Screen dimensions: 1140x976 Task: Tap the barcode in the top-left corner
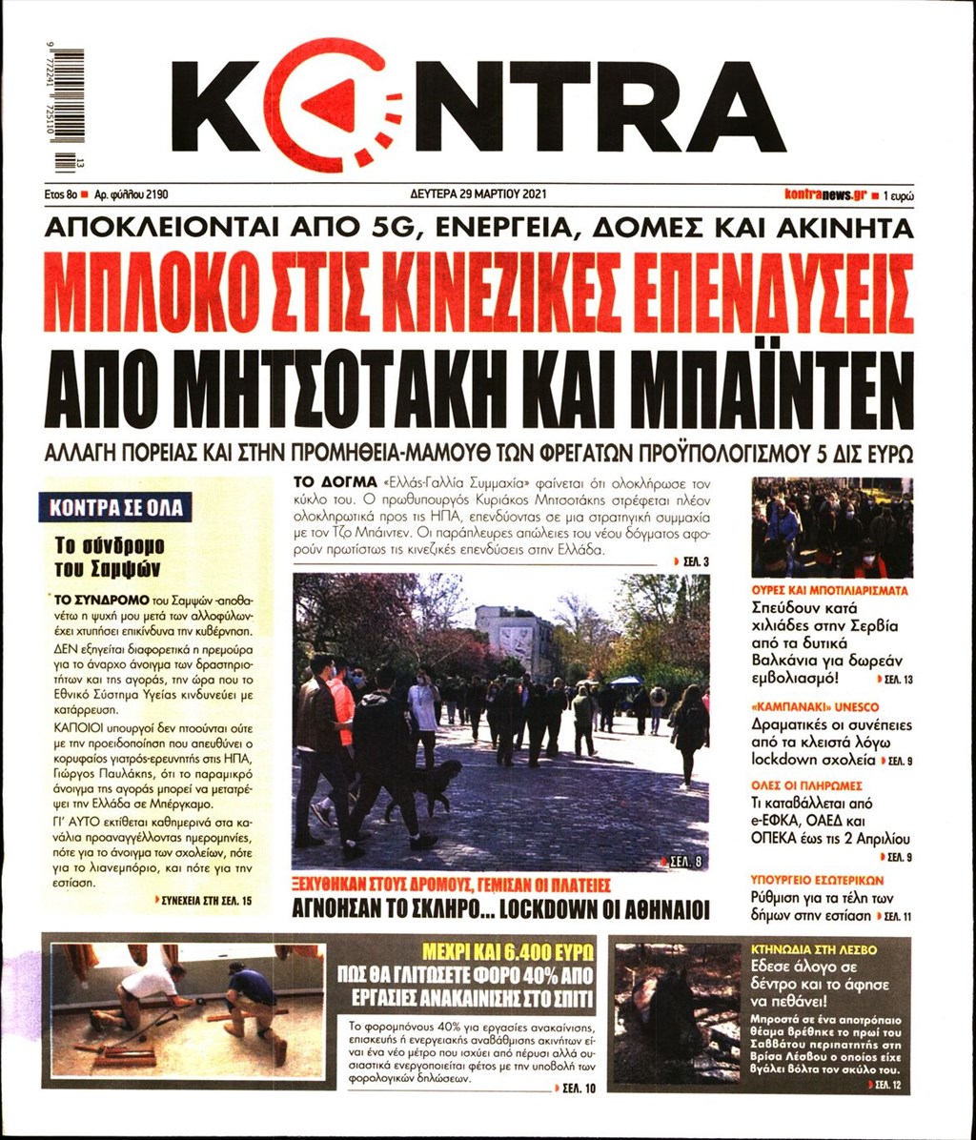coord(70,105)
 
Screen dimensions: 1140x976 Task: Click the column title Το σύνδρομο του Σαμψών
coord(109,556)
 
